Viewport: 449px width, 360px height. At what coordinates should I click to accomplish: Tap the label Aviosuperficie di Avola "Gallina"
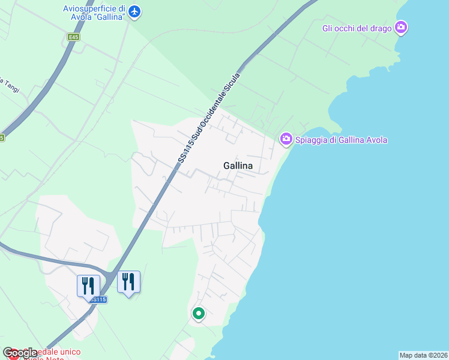click(94, 12)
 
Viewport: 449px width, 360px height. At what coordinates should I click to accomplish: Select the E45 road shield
click(73, 37)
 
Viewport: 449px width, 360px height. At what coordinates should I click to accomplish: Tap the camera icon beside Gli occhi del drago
click(401, 27)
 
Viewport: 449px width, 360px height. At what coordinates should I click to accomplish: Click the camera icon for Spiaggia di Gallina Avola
click(286, 139)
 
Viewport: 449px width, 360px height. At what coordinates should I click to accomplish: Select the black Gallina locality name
click(238, 165)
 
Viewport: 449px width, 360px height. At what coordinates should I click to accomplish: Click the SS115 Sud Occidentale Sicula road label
click(209, 118)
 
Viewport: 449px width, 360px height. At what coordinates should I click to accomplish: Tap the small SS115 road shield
click(98, 299)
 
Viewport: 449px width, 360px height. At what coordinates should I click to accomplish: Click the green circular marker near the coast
click(198, 313)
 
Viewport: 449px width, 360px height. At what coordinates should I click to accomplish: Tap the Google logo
click(20, 353)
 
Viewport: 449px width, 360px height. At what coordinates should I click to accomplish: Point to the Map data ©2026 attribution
click(423, 355)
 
